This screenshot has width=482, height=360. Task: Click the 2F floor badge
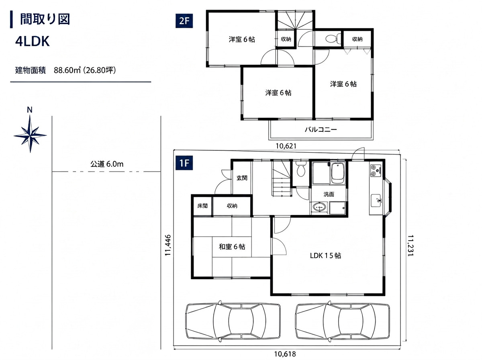[x=184, y=21]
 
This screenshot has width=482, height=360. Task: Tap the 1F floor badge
[x=184, y=163]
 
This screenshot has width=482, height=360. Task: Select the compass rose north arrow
[x=30, y=134]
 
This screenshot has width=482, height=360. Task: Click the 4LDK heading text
[x=33, y=41]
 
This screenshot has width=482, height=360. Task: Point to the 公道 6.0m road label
[x=107, y=164]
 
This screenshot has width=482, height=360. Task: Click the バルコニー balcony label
[x=321, y=129]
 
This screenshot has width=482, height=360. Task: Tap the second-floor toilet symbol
[x=333, y=39]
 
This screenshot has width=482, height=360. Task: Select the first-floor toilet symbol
[x=300, y=169]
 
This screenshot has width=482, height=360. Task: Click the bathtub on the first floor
[x=338, y=174]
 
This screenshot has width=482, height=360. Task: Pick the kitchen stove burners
[x=376, y=170]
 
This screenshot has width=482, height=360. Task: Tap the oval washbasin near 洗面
[x=319, y=207]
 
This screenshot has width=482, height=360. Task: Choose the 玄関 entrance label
[x=242, y=178]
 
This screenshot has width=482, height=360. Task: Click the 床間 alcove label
[x=202, y=206]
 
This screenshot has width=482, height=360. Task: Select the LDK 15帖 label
[x=325, y=256]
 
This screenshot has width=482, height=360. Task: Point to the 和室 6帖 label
[x=232, y=247]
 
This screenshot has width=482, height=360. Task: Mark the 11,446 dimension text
[x=168, y=245]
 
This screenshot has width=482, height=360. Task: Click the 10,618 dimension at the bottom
[x=285, y=354]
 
